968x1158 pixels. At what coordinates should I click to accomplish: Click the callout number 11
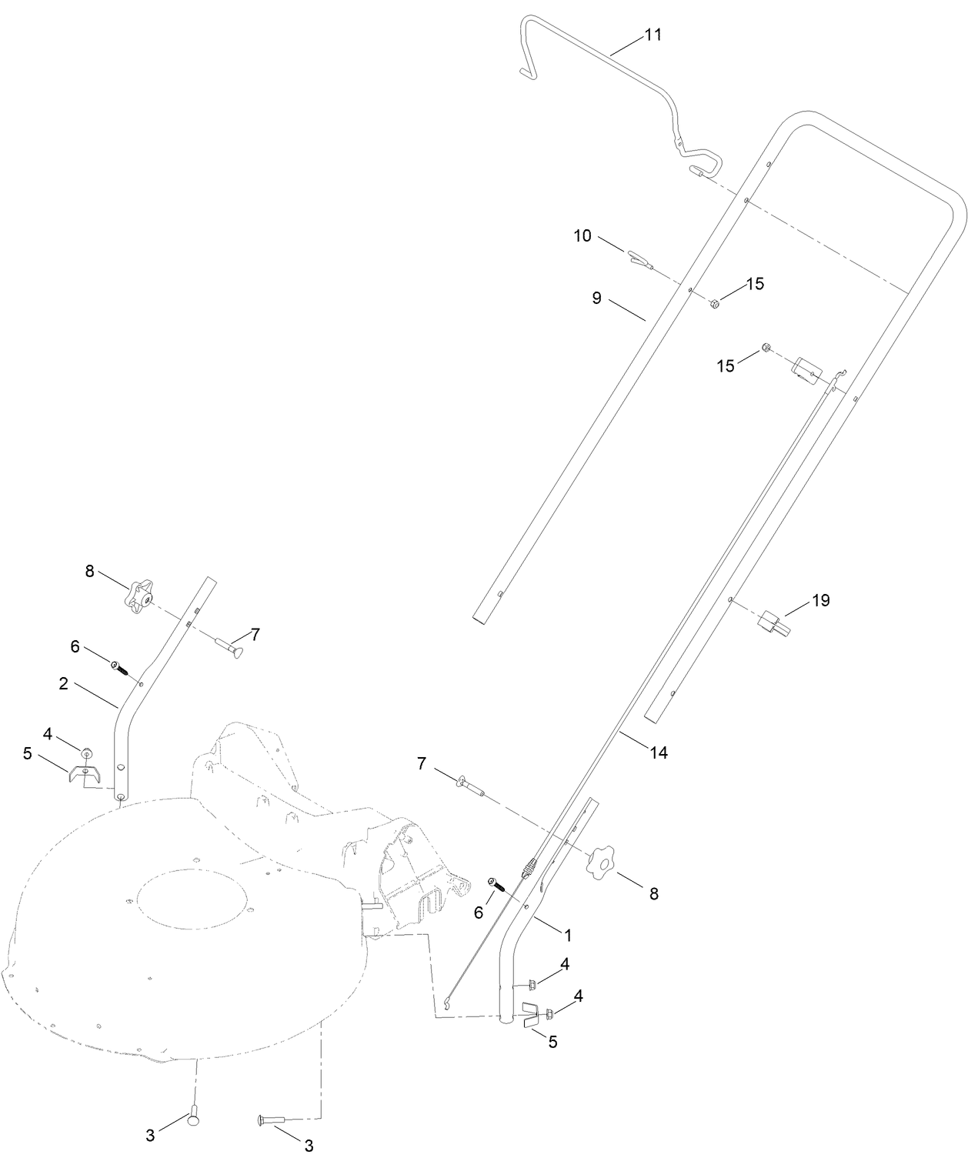tap(653, 35)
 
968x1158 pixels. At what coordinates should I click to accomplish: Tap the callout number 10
tap(582, 235)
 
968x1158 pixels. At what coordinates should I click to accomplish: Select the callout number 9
tap(596, 298)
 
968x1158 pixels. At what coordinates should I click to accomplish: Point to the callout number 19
tap(821, 600)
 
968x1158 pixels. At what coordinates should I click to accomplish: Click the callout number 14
tap(658, 753)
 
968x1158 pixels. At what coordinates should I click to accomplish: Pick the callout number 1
tap(568, 935)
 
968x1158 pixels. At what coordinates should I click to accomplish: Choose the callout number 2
tap(64, 683)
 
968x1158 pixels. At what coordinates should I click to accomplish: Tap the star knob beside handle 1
tap(602, 863)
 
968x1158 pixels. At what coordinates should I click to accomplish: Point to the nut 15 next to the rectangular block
tap(766, 349)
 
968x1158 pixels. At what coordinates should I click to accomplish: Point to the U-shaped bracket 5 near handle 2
tap(82, 773)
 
